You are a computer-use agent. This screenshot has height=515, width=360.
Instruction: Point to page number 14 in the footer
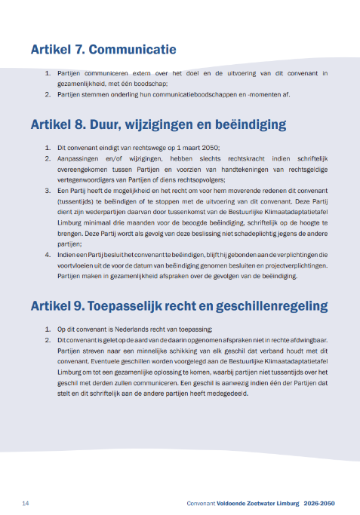click(26, 502)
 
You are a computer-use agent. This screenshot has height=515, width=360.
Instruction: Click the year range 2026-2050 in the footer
click(322, 502)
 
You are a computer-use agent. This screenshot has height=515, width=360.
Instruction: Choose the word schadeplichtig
click(254, 235)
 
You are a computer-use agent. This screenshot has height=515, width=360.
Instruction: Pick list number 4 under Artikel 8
click(48, 256)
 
